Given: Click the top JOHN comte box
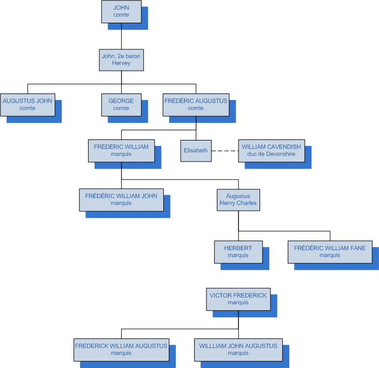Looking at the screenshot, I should tap(121, 11).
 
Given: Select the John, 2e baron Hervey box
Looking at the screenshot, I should tap(122, 59).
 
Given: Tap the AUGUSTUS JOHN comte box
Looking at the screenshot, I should tap(27, 104).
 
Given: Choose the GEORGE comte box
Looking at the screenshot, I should tap(121, 104).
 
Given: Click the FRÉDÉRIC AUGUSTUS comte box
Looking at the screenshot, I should tap(196, 104).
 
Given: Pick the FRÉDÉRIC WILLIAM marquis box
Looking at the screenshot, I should tap(121, 150).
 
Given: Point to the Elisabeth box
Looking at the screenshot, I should tap(195, 151).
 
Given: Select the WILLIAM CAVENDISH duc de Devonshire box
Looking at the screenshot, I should tap(271, 150).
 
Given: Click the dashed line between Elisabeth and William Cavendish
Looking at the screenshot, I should tap(224, 151).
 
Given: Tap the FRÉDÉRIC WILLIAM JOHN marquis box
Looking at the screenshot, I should tap(121, 199).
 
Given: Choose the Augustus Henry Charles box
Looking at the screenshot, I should tap(238, 199).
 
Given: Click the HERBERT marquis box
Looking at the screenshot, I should tap(238, 252).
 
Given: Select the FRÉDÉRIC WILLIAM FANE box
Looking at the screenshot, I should tap(329, 252).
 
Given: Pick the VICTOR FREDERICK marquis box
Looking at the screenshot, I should tap(238, 299).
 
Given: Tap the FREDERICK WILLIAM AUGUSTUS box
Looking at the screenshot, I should tap(121, 349).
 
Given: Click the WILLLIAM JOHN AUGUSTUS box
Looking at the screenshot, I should tap(238, 349).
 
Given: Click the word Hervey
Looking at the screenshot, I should tap(122, 63).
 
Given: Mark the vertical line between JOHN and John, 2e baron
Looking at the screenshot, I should tap(121, 35).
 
